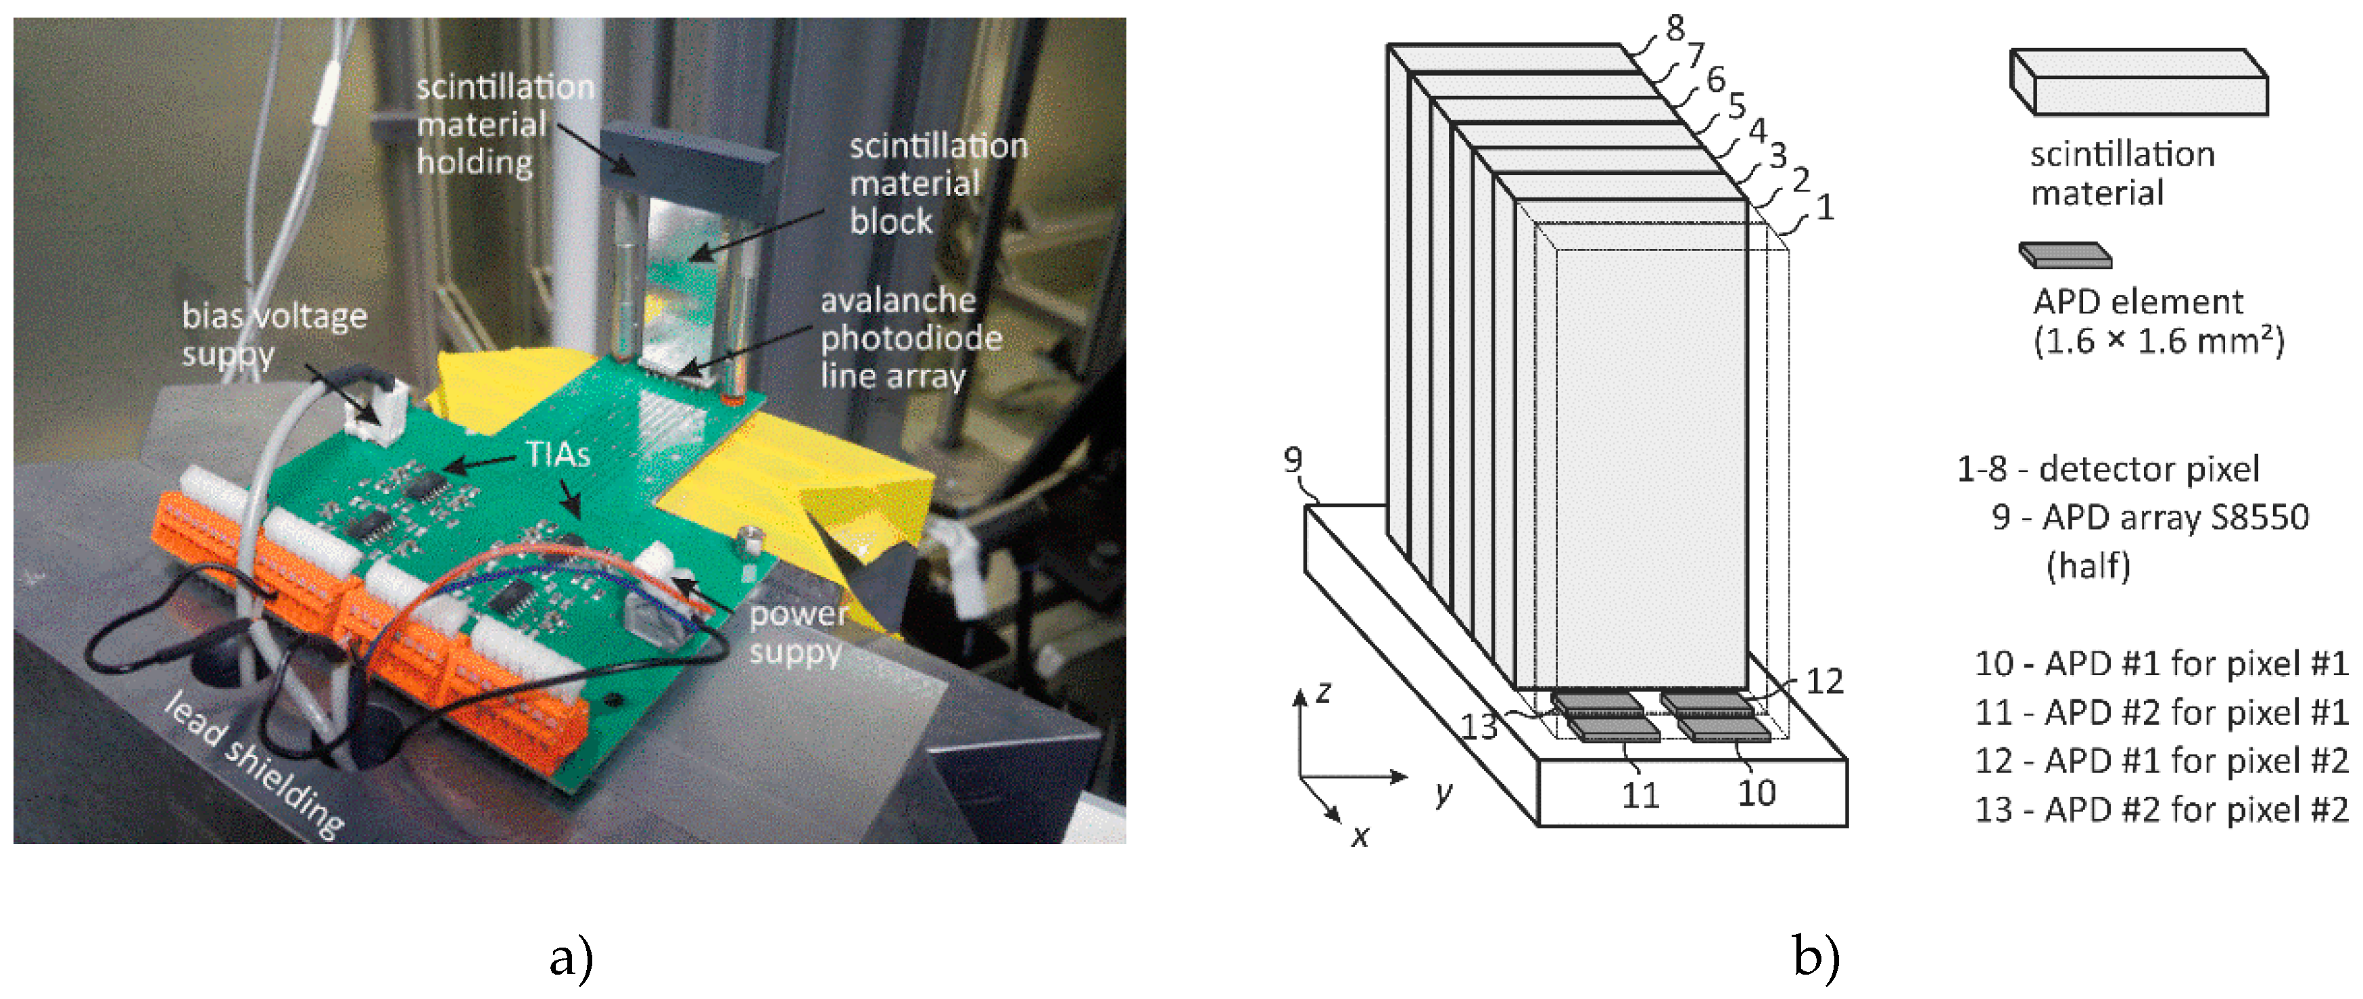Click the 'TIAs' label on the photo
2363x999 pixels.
[558, 454]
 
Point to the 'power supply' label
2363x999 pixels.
[798, 633]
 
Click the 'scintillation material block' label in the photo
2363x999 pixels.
[938, 183]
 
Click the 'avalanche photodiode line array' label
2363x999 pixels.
[911, 338]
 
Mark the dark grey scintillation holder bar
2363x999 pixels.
[690, 168]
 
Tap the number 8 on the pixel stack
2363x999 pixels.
[1675, 28]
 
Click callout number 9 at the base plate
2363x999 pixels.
[1293, 459]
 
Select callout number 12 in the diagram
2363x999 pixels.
[1823, 680]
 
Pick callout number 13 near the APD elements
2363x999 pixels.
[1479, 726]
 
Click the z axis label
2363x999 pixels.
[1322, 692]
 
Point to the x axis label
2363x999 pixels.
[1360, 836]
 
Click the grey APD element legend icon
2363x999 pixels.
[2065, 255]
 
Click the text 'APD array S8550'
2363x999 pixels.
[2175, 517]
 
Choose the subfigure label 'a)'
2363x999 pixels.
[571, 958]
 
